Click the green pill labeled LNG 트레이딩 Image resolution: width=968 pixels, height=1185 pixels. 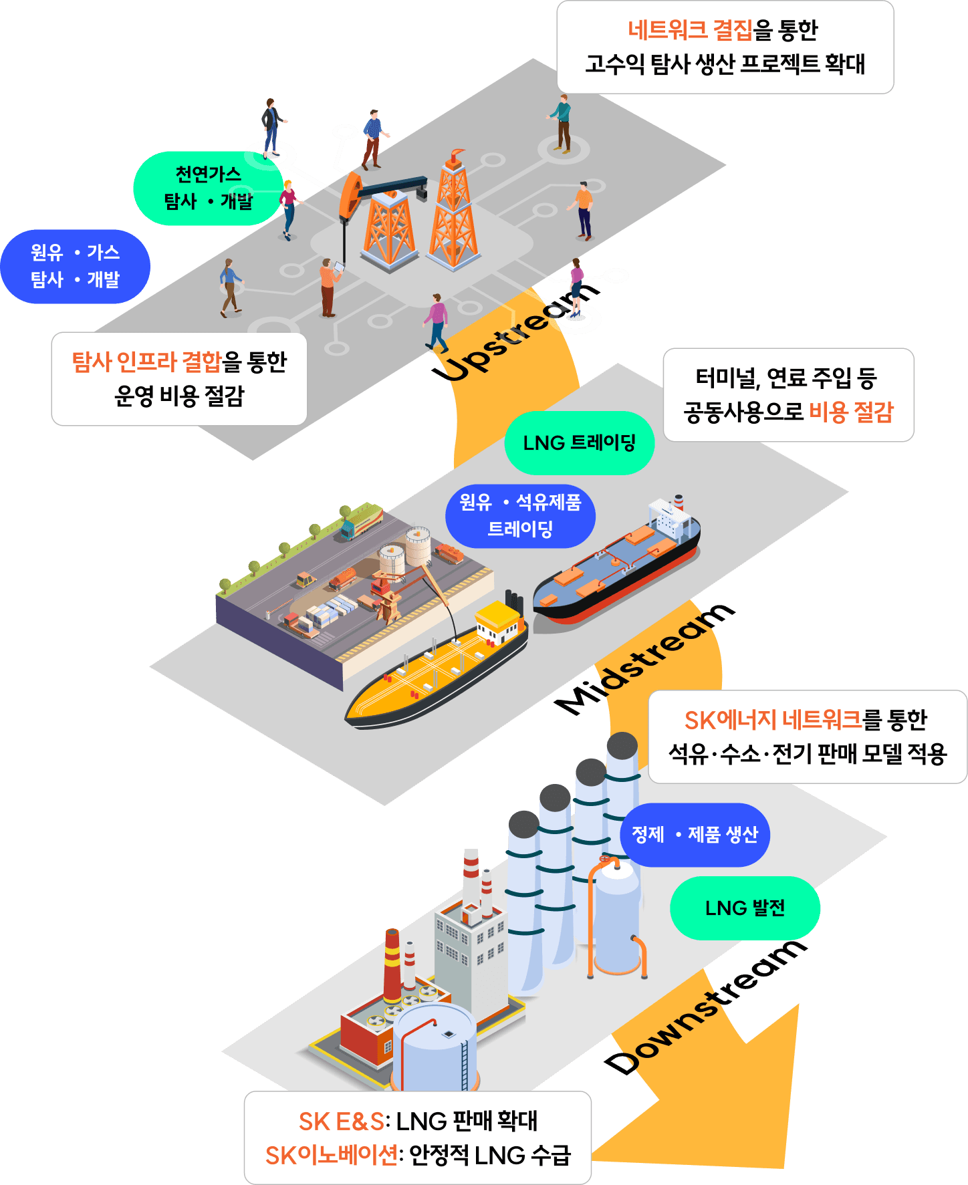tap(579, 443)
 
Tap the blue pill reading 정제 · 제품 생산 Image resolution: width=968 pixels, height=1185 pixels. tap(695, 835)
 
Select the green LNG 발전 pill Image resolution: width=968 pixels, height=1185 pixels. tap(745, 908)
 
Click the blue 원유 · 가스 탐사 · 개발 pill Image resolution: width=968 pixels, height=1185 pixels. tap(75, 266)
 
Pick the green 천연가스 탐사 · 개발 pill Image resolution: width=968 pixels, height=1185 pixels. tap(208, 188)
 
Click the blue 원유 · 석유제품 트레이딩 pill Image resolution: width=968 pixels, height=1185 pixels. tap(520, 516)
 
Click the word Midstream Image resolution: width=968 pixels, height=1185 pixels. tap(644, 658)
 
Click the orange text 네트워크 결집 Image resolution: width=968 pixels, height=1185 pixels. tap(690, 30)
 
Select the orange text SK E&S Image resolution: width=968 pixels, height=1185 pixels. tap(341, 1122)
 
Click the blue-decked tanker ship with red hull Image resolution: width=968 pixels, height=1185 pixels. tap(615, 568)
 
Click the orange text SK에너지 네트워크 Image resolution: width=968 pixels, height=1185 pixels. tap(773, 720)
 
